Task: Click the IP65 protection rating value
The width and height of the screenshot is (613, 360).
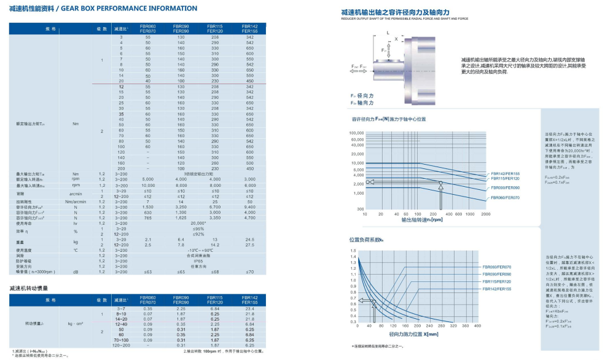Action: pos(198,260)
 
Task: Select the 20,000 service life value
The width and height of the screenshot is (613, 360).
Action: pos(197,224)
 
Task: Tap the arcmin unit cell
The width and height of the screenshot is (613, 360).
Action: pos(76,194)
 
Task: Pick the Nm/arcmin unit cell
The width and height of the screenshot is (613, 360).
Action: pos(76,202)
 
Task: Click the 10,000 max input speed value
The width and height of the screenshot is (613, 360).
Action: pos(148,185)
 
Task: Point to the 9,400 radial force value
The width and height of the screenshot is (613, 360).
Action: pos(249,207)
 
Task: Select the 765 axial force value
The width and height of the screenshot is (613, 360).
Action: pos(147,218)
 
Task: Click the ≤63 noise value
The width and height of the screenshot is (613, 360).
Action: pos(147,272)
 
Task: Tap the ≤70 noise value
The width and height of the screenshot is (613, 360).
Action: pos(249,272)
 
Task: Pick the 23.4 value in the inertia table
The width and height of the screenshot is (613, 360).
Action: pos(249,308)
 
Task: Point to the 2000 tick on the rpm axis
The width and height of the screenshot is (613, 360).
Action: pos(485,215)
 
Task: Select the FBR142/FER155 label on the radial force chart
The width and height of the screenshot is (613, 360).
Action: pos(506,174)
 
